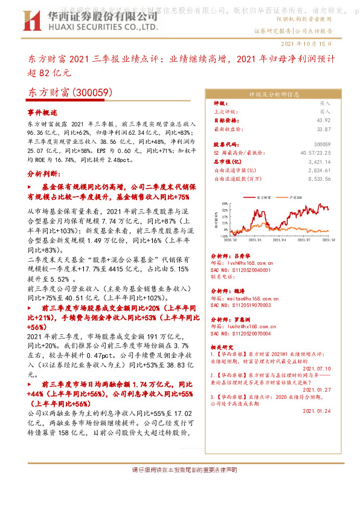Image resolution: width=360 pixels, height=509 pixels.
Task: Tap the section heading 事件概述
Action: (42, 113)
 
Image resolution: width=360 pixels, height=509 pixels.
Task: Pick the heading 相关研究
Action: (225, 348)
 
